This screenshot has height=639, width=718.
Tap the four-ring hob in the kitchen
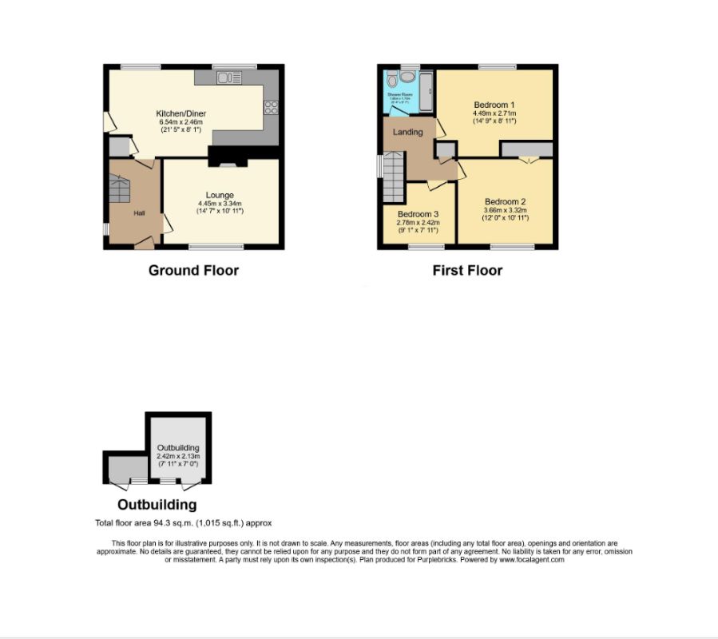coord(271,106)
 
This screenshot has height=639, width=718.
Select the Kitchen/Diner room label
coord(180,114)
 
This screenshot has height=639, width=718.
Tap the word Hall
coord(139,212)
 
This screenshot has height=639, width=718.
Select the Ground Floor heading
coord(193,270)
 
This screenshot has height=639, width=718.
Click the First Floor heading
coord(467,270)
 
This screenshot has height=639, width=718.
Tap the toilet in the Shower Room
coord(407,77)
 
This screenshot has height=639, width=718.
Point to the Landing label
coord(407,132)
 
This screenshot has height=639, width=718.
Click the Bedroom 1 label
coord(494,105)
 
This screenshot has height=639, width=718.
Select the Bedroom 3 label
coord(418,215)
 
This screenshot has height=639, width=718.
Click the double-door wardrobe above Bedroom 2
coord(526,149)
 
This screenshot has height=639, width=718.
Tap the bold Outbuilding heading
coord(157,505)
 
